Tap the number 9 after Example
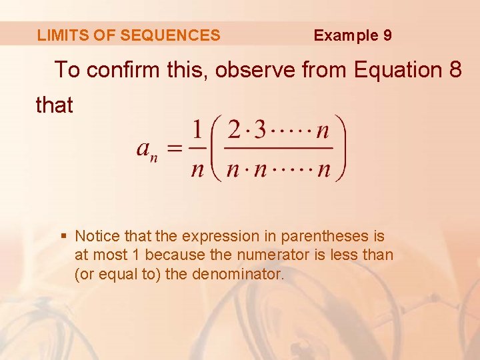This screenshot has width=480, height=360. (x=387, y=35)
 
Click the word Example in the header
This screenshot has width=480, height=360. (x=345, y=35)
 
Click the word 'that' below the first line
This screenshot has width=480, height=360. (x=54, y=105)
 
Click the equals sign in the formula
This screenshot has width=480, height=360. (x=175, y=149)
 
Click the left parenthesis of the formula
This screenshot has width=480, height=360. (x=217, y=148)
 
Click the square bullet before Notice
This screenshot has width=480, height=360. (x=63, y=236)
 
